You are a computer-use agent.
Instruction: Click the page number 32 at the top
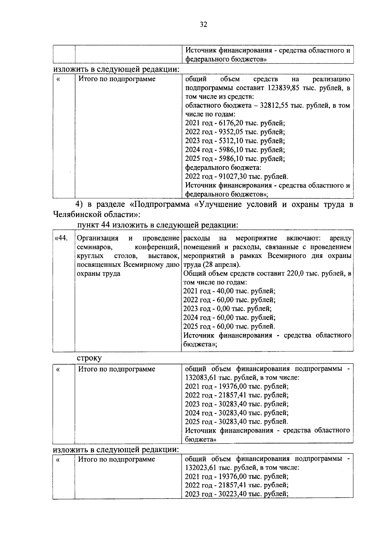pos(203,25)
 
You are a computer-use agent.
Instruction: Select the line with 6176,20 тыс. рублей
pos(235,123)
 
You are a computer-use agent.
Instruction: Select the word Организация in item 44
pos(98,238)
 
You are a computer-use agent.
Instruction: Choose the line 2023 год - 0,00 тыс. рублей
pos(227,309)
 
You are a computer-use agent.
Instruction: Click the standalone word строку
pos(89,358)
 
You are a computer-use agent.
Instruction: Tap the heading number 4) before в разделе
pos(79,204)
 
